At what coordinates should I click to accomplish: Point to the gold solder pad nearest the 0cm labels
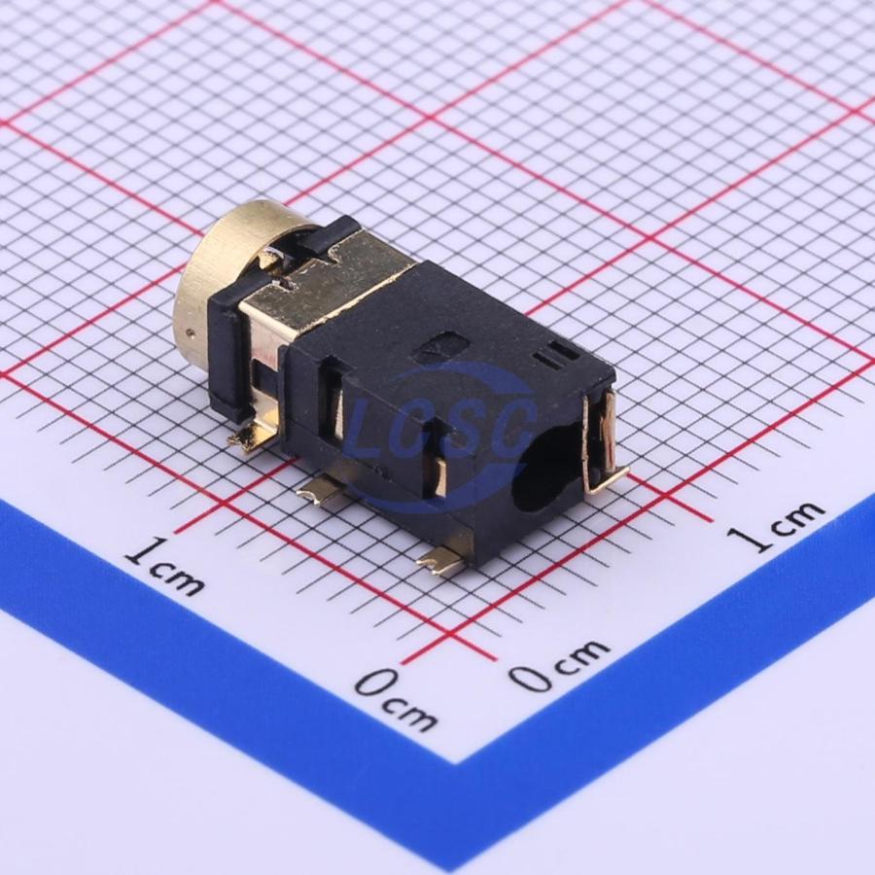tap(440, 561)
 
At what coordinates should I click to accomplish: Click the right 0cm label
tap(560, 665)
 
